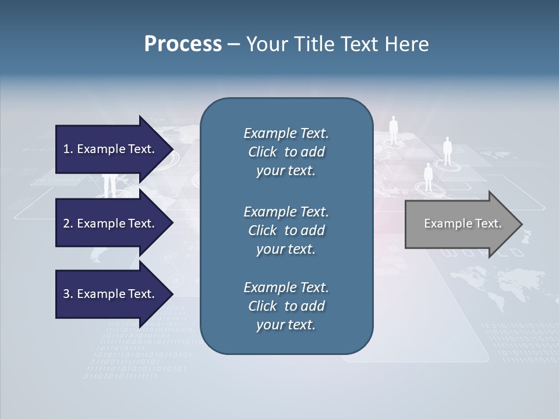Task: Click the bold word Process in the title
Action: [183, 44]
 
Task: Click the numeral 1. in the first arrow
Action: [68, 149]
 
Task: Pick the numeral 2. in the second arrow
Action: [68, 223]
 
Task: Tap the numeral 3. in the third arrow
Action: [68, 294]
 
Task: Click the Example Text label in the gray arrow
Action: [462, 223]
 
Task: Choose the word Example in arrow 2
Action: [98, 223]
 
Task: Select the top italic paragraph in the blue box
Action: [286, 152]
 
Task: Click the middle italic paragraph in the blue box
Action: [286, 230]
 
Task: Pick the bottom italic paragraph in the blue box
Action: [286, 306]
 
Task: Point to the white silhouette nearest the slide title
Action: [394, 129]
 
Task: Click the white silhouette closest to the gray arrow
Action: [428, 177]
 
